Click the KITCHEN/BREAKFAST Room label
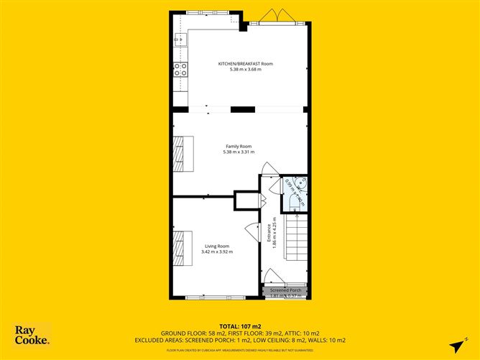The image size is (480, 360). (246, 63)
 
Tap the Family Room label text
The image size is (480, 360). (239, 146)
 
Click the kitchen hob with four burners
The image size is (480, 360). (180, 70)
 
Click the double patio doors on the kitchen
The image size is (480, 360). (271, 17)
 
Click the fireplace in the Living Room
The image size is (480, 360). (178, 246)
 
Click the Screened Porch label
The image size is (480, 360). (286, 290)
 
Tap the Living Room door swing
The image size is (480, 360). (251, 231)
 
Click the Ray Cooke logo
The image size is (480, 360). (32, 335)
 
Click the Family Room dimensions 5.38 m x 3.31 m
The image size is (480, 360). (239, 152)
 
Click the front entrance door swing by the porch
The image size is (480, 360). (272, 276)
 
